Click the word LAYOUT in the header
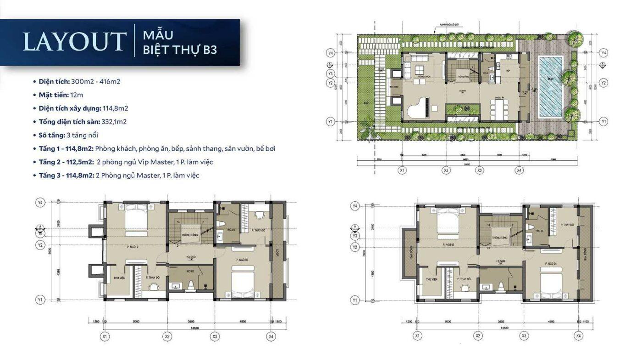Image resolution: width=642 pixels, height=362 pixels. coord(74,41)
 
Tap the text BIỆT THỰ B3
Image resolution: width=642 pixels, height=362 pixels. coord(180,50)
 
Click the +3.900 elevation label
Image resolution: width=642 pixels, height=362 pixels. coord(191,257)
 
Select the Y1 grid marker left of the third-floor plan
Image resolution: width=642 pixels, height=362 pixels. coord(354,300)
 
